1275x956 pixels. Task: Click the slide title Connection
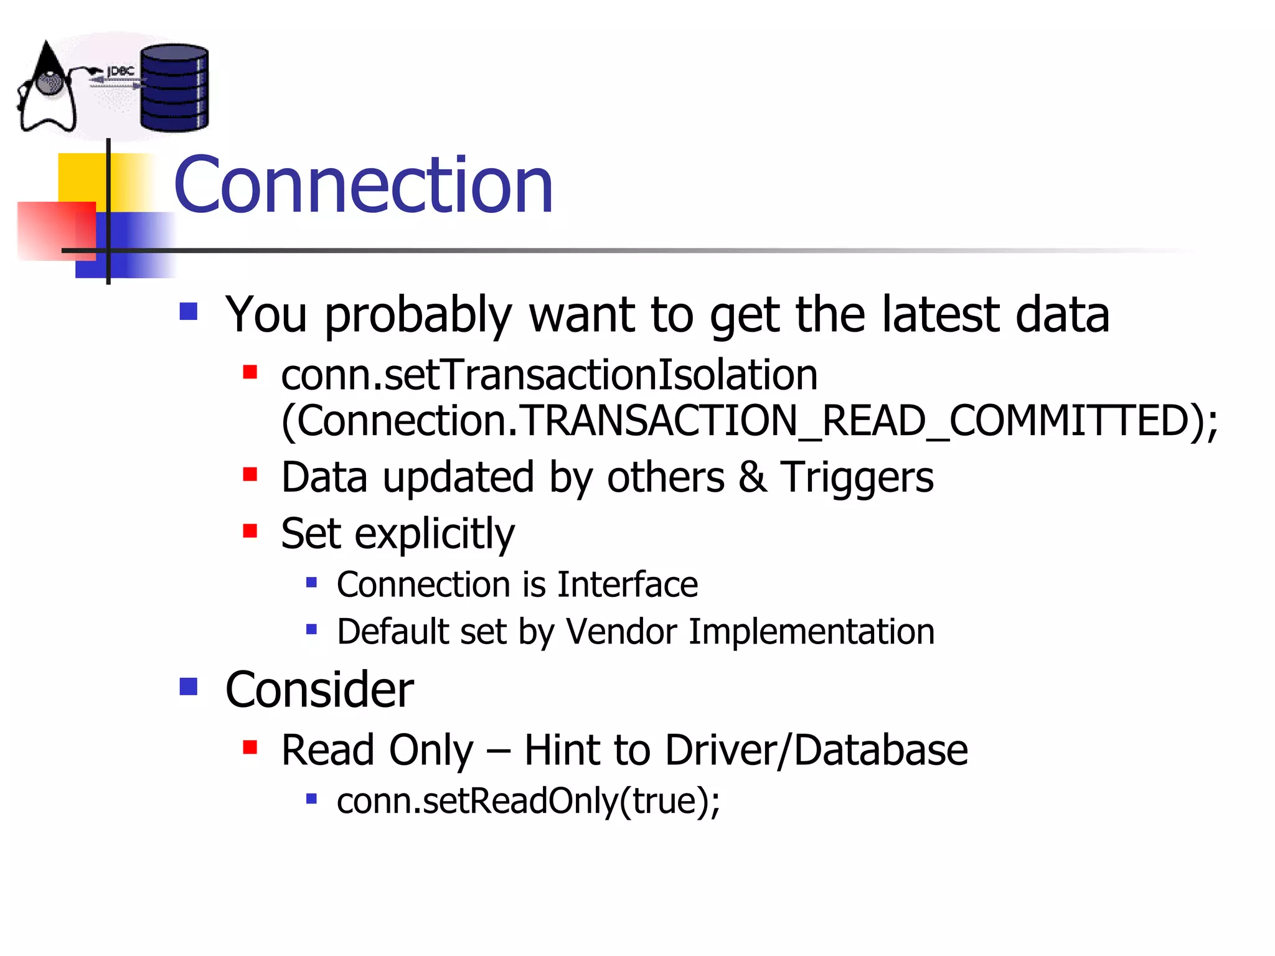point(363,185)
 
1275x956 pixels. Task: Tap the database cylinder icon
point(174,88)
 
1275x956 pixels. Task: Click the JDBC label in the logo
point(121,72)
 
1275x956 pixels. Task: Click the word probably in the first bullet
point(418,316)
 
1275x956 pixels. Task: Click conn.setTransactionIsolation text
point(549,375)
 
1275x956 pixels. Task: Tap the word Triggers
point(857,478)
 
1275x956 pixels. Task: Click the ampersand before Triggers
point(752,477)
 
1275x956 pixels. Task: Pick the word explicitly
point(435,534)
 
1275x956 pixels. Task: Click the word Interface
point(628,584)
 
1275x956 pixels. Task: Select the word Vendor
point(621,632)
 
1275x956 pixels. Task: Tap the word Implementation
point(811,632)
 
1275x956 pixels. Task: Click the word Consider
point(319,690)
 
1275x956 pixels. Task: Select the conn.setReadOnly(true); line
point(528,801)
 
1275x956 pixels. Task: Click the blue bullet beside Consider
point(188,687)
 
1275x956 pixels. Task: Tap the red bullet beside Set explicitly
point(250,531)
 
